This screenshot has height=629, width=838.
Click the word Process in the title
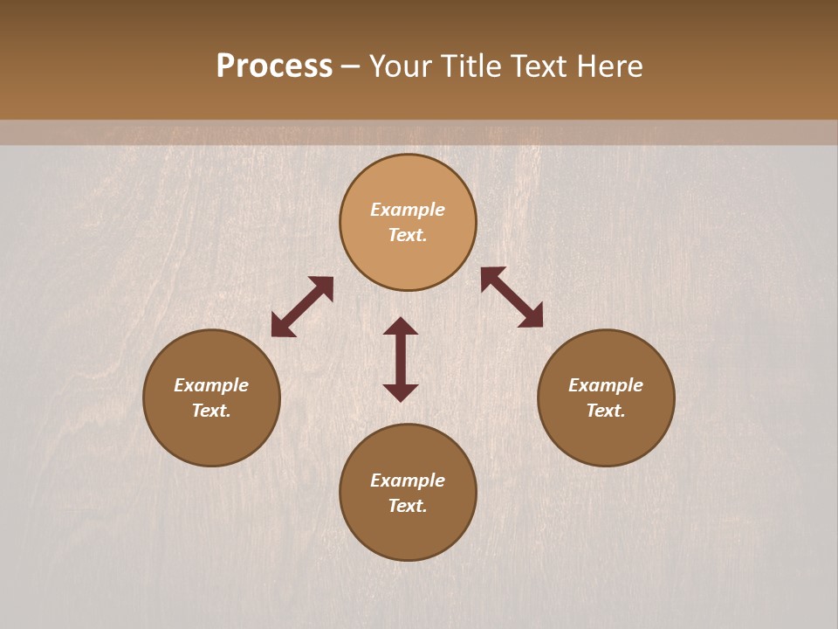click(x=274, y=66)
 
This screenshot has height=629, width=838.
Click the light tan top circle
click(x=408, y=179)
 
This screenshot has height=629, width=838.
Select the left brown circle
click(x=211, y=437)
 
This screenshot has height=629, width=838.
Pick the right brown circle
click(x=606, y=437)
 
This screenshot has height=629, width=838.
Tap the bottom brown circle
click(x=408, y=533)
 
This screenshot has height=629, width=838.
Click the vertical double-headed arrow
click(x=401, y=359)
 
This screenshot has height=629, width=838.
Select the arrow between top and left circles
click(x=302, y=307)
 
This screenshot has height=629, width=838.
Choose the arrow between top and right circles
click(x=512, y=297)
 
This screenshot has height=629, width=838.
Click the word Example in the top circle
click(x=408, y=210)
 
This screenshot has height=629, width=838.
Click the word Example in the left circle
click(x=211, y=385)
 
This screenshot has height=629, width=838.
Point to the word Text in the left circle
click(x=211, y=411)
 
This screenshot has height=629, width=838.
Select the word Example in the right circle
click(x=606, y=385)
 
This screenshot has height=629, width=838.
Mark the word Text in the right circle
click(x=606, y=411)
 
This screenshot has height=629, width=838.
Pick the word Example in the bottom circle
click(x=408, y=480)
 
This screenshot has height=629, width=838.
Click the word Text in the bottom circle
click(x=408, y=506)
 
